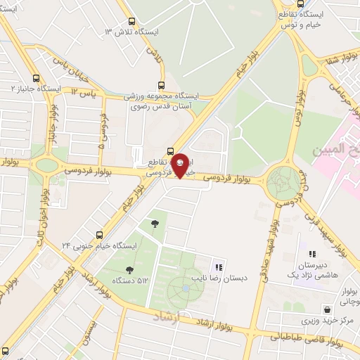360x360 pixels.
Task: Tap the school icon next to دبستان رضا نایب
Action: coord(219,267)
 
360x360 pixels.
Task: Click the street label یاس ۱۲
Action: coord(83,91)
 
